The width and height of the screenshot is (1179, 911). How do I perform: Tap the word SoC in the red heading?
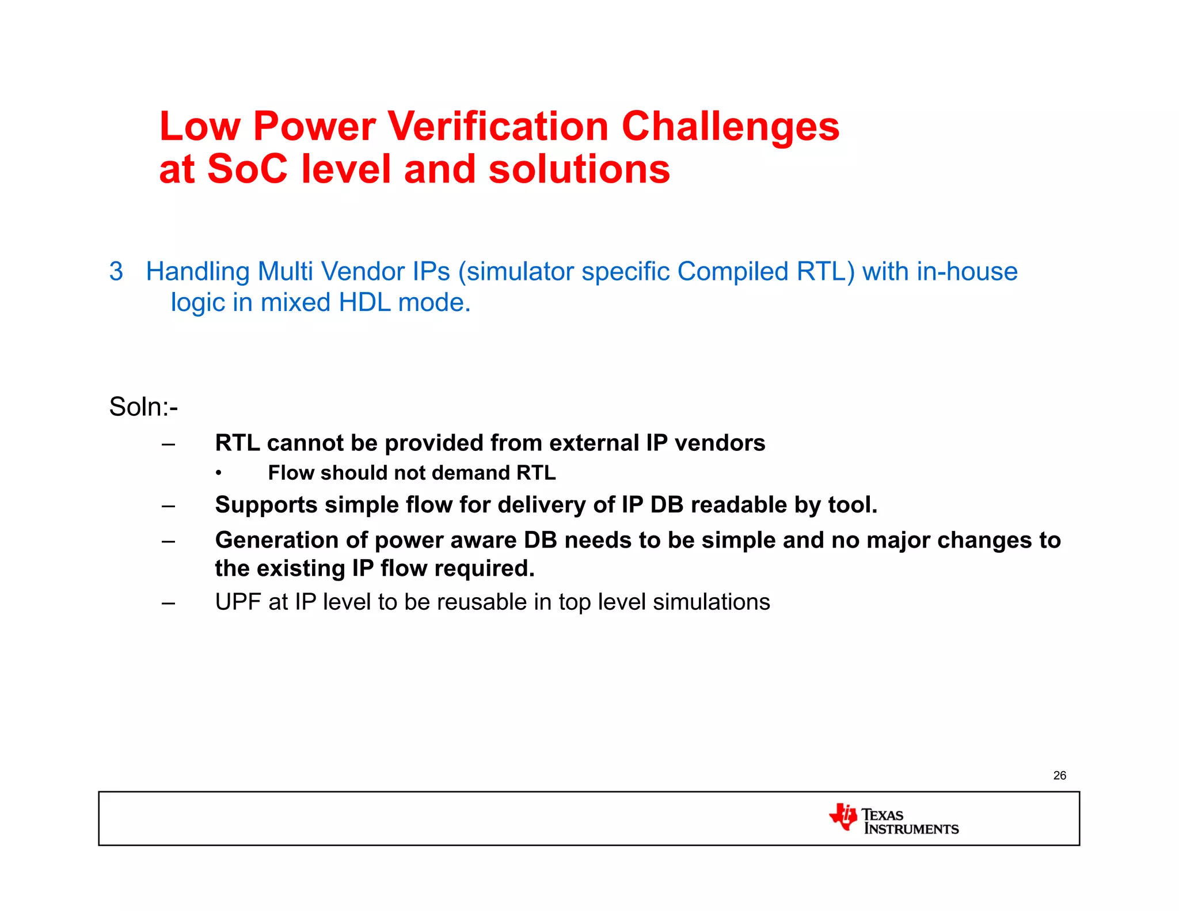246,169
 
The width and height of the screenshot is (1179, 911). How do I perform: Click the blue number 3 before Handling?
116,271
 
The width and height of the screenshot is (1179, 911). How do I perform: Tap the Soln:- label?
143,407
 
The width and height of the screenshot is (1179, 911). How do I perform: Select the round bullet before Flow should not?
219,473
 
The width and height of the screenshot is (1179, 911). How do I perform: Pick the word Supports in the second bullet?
266,505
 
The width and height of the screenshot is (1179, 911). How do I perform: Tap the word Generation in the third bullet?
276,540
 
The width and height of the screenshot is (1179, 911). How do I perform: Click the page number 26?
1059,776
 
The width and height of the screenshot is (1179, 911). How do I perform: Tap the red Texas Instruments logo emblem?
843,817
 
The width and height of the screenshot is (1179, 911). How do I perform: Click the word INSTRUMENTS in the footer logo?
911,829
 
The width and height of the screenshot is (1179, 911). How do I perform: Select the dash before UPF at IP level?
168,603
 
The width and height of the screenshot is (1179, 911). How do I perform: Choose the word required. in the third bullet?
484,568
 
